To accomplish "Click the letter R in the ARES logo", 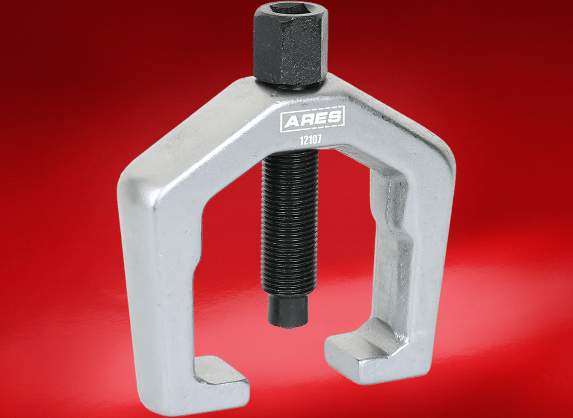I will [x=307, y=120].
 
